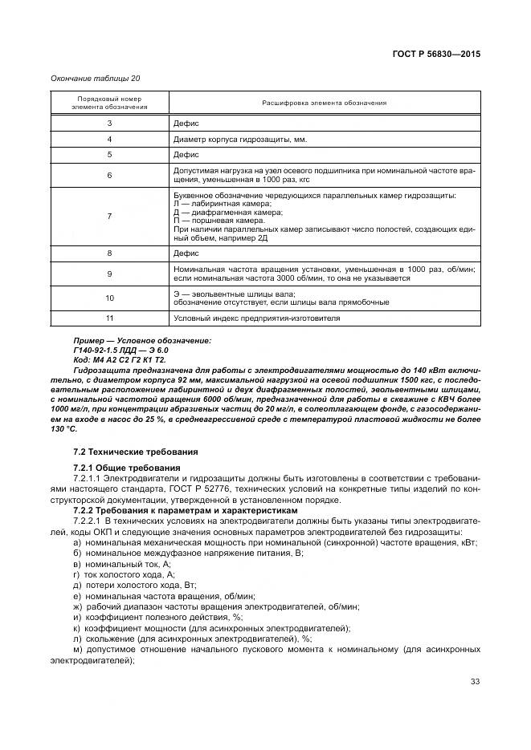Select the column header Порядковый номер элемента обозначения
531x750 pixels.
point(109,103)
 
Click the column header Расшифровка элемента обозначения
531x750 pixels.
point(325,103)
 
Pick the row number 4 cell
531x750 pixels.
point(109,139)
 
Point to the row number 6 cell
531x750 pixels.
point(109,175)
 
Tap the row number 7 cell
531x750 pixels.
point(109,216)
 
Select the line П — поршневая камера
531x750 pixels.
point(219,220)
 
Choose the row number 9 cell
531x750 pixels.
point(109,274)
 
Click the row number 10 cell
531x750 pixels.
point(109,298)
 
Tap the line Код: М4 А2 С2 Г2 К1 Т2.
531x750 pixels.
point(118,359)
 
